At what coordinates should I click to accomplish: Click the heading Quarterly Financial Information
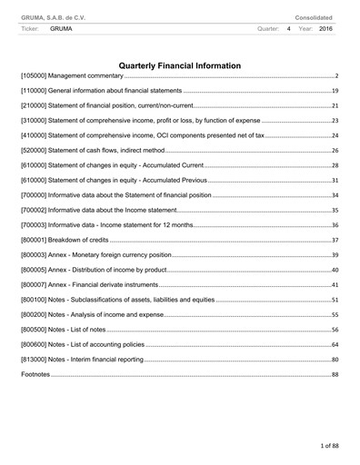[180, 65]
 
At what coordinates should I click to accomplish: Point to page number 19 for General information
[335, 92]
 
